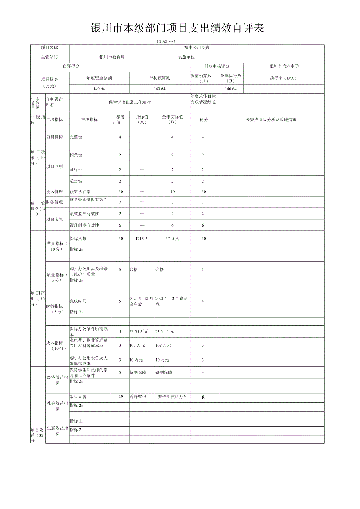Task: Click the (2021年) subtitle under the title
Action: coord(165,41)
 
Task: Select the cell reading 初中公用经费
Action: coord(197,48)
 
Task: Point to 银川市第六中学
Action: coord(284,67)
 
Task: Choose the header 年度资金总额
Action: coord(99,78)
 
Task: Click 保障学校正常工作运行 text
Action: coord(130,102)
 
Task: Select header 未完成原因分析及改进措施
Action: coord(271,119)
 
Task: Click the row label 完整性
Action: coord(76,137)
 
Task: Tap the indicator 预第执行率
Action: coord(80,192)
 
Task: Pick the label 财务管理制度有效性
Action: coord(88,200)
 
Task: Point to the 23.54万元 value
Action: coord(139,331)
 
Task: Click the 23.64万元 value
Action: coord(165,331)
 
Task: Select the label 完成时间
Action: coord(78,301)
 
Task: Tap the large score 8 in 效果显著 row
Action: coord(203,397)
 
